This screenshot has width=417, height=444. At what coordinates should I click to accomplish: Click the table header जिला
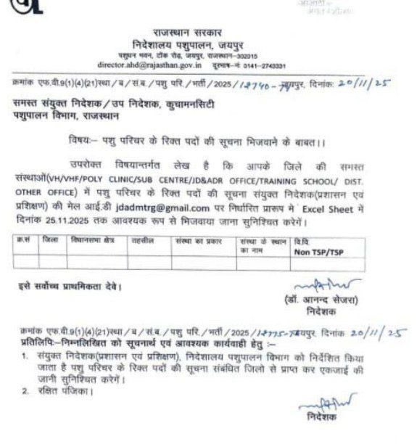click(x=51, y=239)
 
